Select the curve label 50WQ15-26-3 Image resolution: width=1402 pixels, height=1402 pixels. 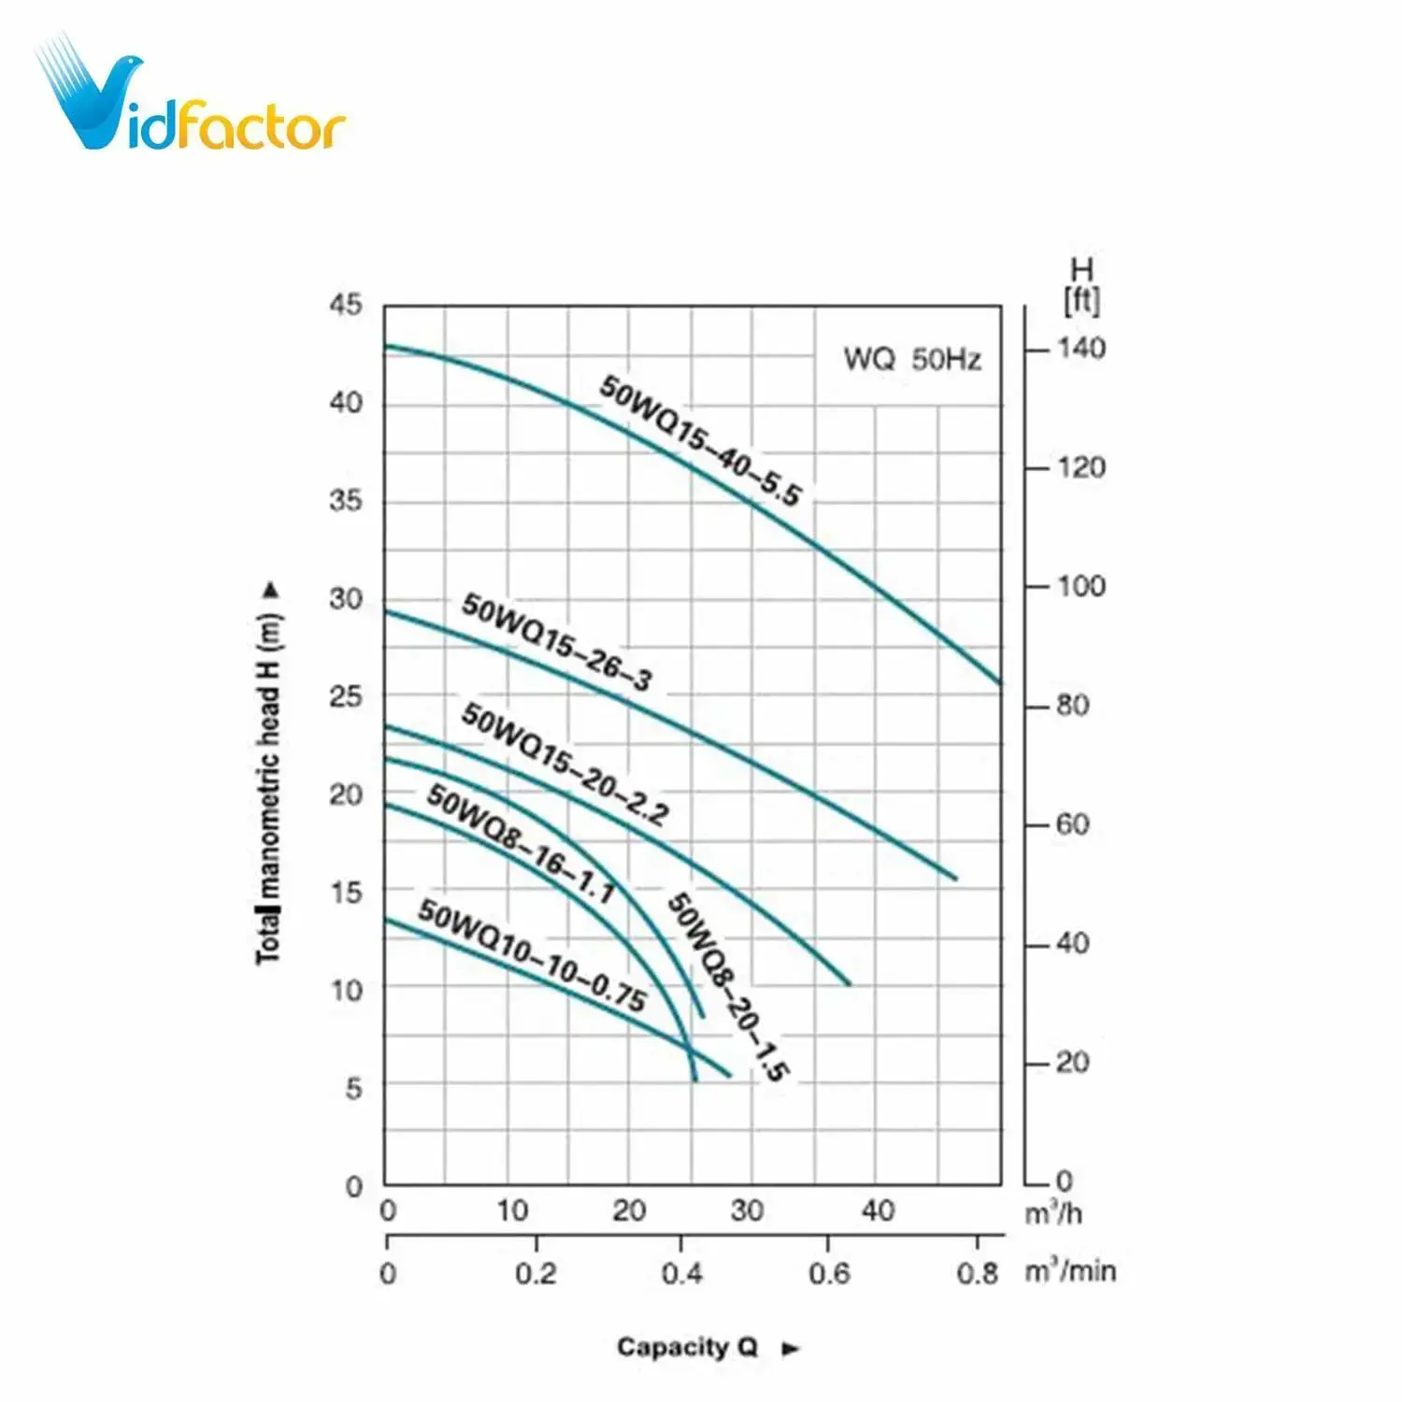[557, 642]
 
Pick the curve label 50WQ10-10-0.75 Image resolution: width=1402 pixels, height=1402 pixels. [532, 955]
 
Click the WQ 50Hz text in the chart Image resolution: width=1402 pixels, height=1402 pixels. [912, 359]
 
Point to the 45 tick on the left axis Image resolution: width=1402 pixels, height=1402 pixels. [345, 305]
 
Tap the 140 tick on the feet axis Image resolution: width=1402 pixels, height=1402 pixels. [1081, 349]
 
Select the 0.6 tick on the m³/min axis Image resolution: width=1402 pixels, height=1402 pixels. [829, 1273]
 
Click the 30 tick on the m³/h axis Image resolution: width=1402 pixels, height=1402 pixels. [747, 1210]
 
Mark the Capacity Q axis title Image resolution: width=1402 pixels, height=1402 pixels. [687, 1347]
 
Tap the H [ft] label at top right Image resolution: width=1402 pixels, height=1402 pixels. [1081, 286]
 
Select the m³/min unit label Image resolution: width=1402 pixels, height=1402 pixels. [1070, 1271]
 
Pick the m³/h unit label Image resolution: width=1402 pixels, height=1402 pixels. [1053, 1213]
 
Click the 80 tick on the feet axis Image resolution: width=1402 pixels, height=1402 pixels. [1073, 706]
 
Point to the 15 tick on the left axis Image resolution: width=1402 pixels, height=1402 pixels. [345, 893]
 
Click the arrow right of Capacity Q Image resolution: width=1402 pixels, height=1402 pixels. [791, 1348]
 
